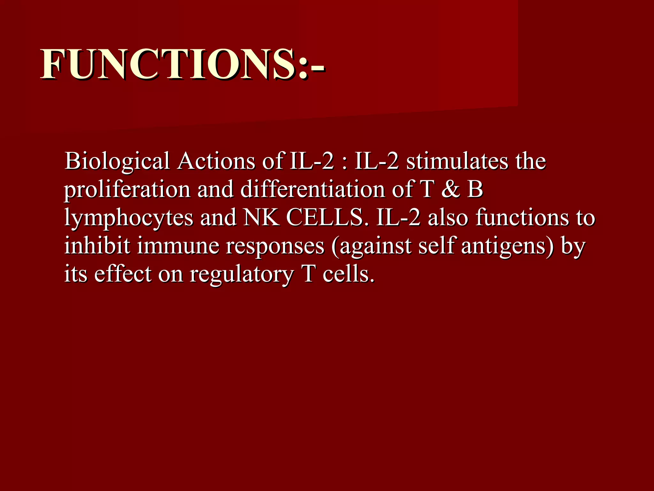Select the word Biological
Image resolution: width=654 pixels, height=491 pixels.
(x=117, y=161)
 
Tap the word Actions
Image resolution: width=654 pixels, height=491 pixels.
(x=217, y=161)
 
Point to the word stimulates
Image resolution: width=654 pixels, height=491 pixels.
(x=457, y=161)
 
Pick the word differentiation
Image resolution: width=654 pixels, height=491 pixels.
(x=313, y=189)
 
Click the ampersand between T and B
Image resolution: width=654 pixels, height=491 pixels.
(x=451, y=189)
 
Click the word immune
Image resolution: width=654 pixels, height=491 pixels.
(x=178, y=246)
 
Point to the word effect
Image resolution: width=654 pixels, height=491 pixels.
(x=123, y=274)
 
